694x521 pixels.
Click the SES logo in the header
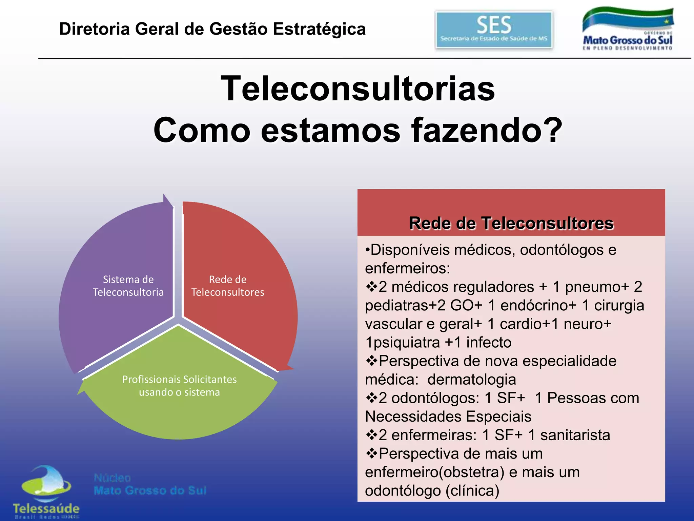coord(494,30)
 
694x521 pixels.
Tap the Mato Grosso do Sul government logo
coord(628,30)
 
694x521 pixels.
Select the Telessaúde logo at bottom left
coord(46,492)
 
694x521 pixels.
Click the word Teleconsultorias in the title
coord(358,89)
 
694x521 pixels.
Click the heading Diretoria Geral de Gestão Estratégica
coord(212,29)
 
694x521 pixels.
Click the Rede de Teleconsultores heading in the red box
coord(511,223)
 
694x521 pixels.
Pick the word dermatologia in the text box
coord(472,380)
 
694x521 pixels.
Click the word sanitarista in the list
coord(575,435)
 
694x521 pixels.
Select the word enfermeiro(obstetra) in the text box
coord(435,472)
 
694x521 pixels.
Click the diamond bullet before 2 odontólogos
coord(372,398)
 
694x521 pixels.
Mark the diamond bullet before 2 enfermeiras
coord(372,435)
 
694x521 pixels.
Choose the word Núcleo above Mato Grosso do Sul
coord(112,478)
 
